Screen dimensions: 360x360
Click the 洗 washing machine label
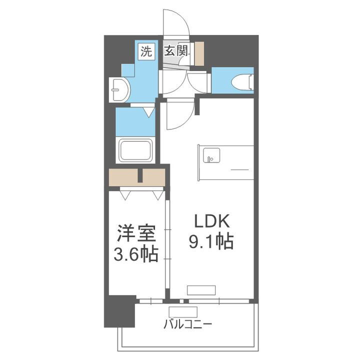[x=145, y=51]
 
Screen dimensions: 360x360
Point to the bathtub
[x=135, y=149]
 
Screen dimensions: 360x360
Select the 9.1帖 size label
[x=210, y=242]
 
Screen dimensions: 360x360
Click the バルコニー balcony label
[x=187, y=324]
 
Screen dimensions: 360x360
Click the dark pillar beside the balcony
[x=119, y=310]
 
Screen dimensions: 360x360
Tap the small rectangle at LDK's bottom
[x=201, y=290]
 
